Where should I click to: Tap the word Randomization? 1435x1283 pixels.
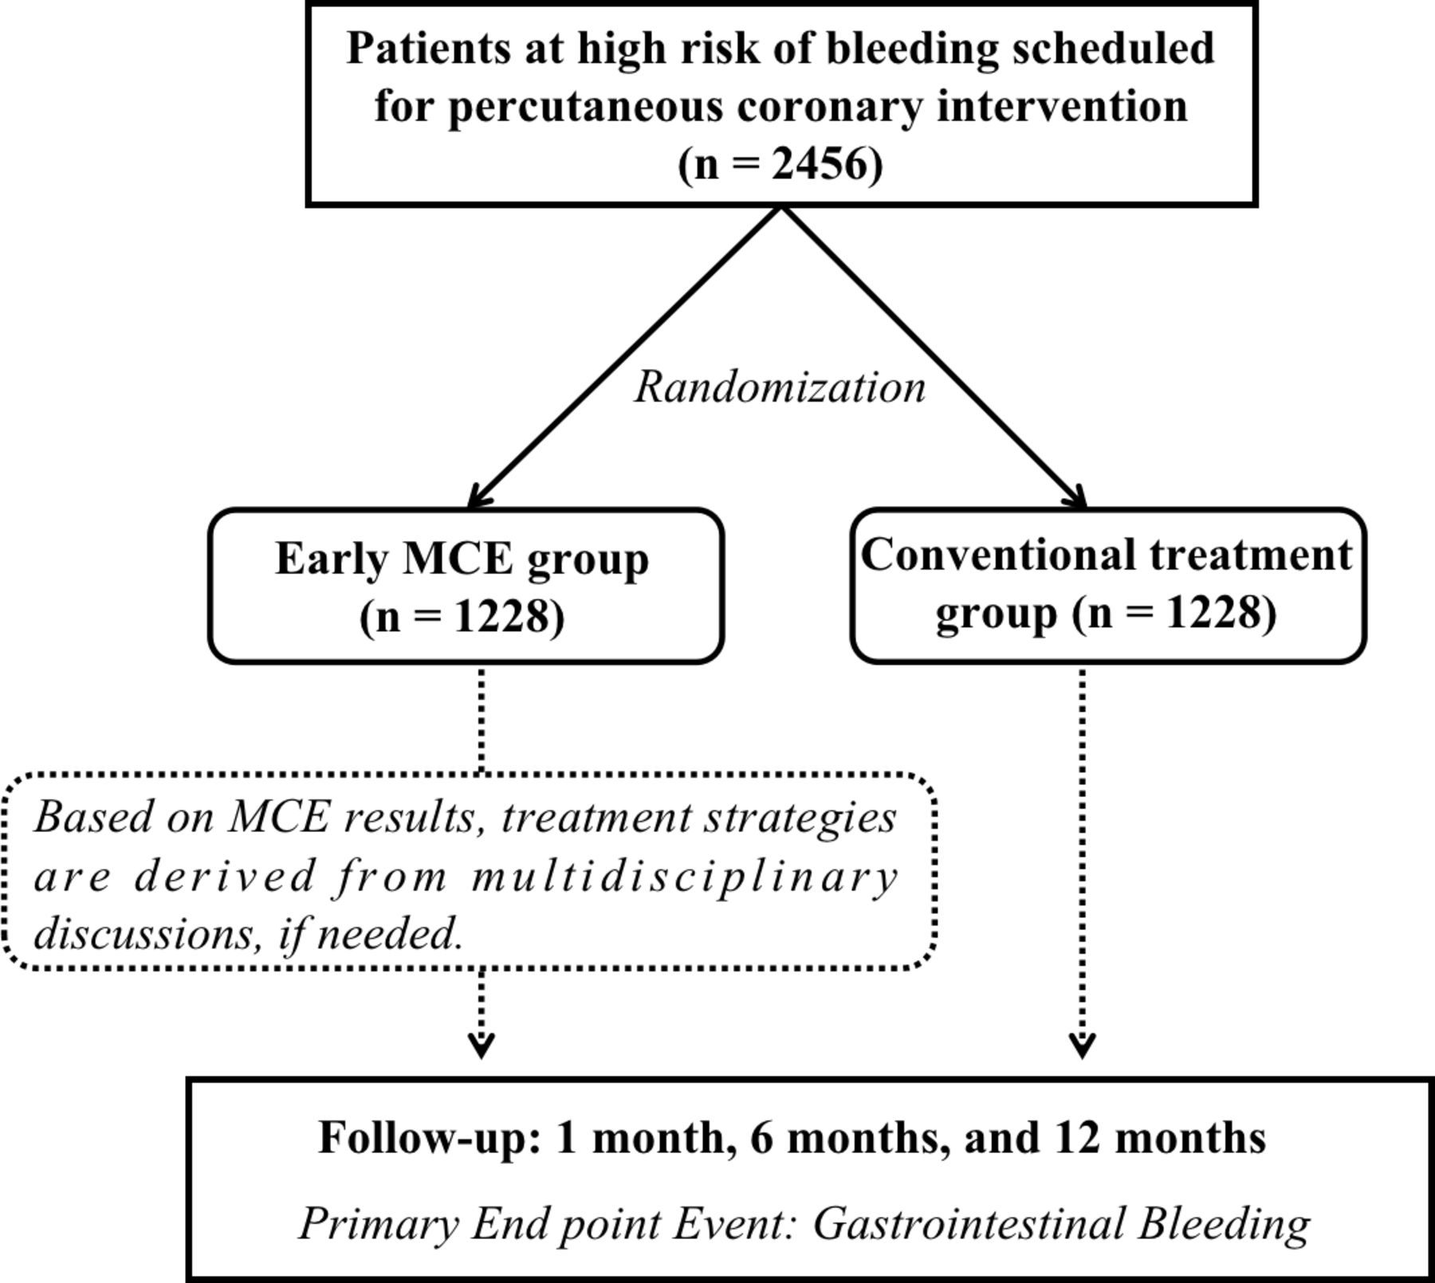click(780, 387)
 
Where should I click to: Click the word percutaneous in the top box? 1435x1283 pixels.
click(585, 107)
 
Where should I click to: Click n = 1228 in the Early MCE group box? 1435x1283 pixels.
click(462, 616)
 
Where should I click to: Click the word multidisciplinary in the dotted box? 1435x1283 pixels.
click(685, 877)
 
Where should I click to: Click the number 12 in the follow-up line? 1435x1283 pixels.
click(1077, 1137)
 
